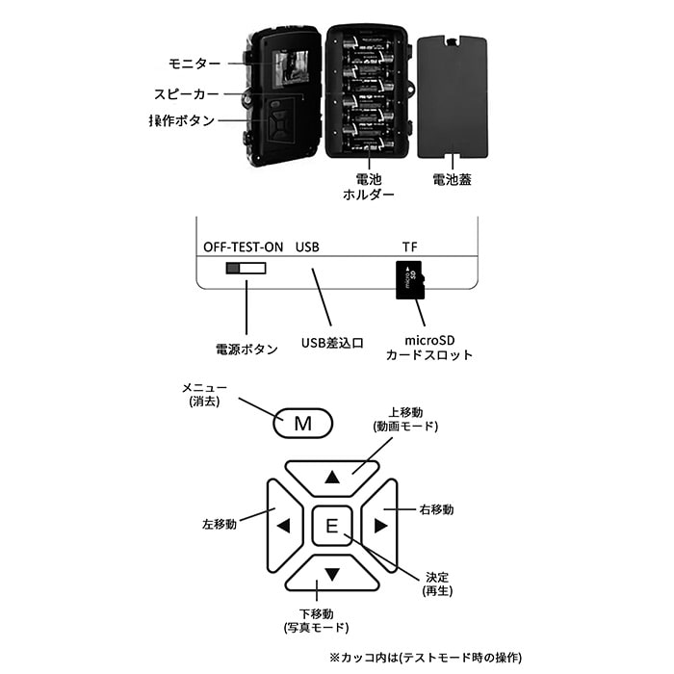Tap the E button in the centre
(331, 526)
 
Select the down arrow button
(332, 575)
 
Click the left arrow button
(282, 526)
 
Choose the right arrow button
(380, 526)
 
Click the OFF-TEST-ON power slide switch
(246, 268)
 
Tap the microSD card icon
(409, 279)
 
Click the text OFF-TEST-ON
(244, 246)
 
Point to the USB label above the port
(307, 246)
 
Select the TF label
(409, 246)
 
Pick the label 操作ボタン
(182, 121)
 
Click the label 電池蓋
(452, 179)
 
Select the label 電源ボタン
(246, 350)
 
